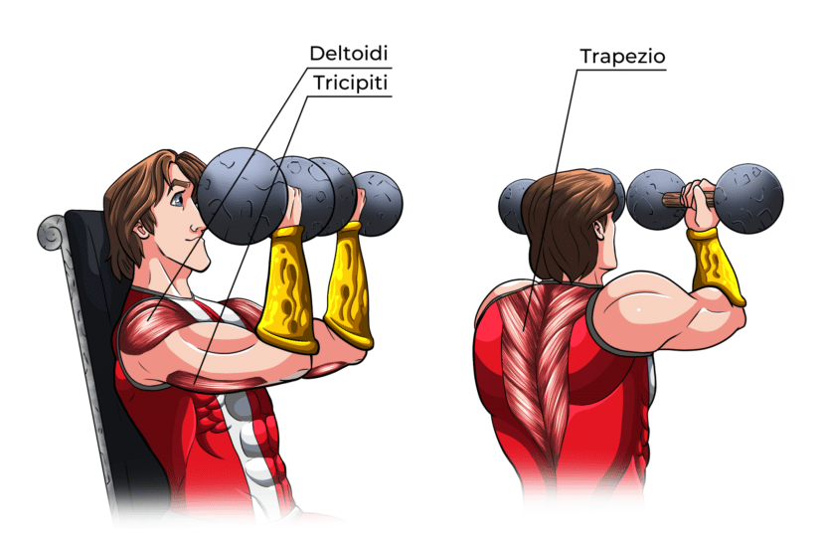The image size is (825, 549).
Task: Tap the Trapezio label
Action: [622, 58]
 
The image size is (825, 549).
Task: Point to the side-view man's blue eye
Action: [177, 199]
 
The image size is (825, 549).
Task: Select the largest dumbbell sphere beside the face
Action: [245, 194]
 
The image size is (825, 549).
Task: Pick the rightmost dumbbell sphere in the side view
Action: [378, 203]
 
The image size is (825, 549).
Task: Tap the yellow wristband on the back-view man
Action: [716, 263]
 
